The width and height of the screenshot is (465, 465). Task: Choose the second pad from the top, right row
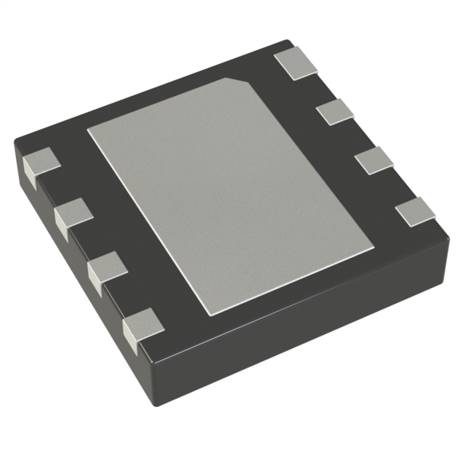(334, 111)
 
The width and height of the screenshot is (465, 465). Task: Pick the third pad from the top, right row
(375, 160)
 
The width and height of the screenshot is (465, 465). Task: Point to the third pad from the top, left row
(106, 269)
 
